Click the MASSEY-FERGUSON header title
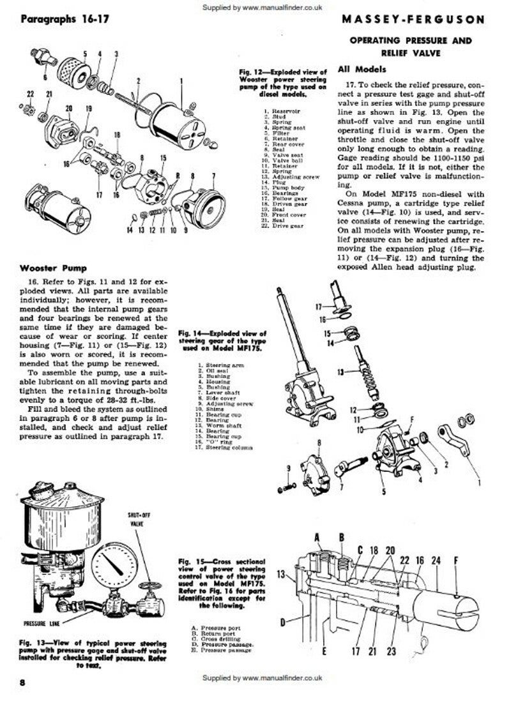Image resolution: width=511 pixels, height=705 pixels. coord(422,20)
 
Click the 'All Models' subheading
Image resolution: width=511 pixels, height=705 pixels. coord(362,69)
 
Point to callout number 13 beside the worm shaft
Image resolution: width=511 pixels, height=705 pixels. coord(340,371)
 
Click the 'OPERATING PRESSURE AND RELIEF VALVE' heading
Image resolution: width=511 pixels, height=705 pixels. coord(418,46)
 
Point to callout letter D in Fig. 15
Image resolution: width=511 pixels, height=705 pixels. coord(282,620)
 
